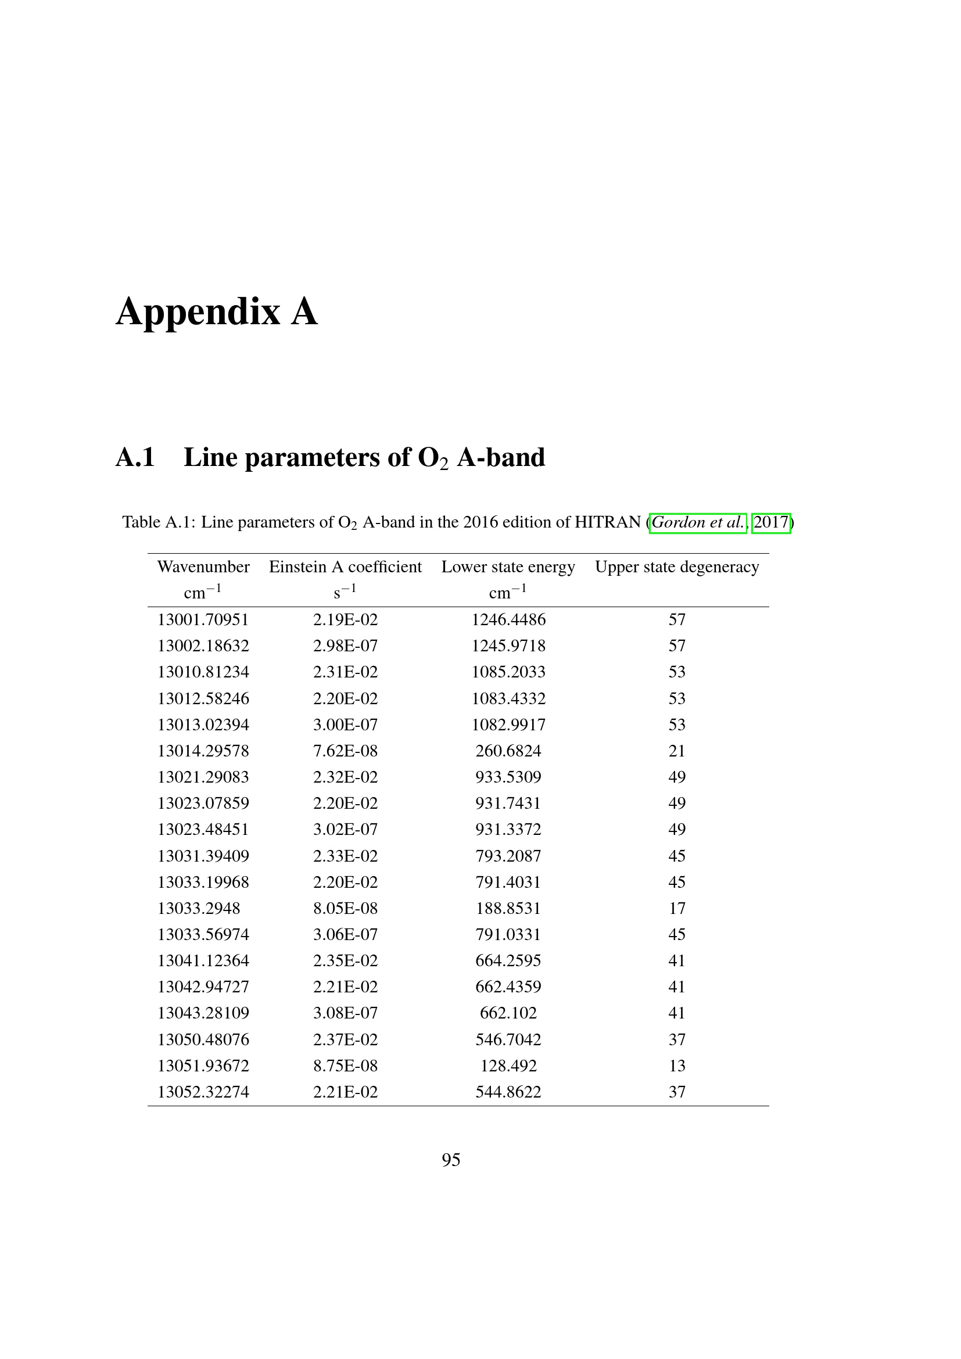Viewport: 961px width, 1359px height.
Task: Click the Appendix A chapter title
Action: coord(217,312)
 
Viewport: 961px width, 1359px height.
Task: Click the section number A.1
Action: coord(135,457)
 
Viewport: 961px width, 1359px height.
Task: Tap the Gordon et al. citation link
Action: coord(698,523)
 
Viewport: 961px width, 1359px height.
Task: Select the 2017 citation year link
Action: coord(770,523)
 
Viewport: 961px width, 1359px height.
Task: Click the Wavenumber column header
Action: coord(203,567)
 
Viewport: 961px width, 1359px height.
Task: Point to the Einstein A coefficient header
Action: coord(345,567)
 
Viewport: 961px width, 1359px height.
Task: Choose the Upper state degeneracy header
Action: coord(676,567)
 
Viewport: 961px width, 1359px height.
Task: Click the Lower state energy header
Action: coord(508,567)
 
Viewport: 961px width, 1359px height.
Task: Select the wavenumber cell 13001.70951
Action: coord(203,620)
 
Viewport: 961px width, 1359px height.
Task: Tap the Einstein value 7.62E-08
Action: coord(345,751)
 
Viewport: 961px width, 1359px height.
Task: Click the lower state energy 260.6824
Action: coord(508,751)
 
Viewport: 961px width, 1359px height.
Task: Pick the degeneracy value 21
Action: coord(676,751)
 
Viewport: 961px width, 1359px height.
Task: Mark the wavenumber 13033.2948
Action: coord(199,909)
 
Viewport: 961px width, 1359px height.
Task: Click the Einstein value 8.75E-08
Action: coord(345,1066)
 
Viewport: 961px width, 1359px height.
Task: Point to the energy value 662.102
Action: coord(508,1013)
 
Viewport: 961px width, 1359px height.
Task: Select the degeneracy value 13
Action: coord(676,1066)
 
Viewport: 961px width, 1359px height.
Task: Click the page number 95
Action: coord(451,1160)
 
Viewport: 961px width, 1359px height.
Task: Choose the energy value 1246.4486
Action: coord(508,620)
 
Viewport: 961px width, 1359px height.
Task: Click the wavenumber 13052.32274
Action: coord(203,1092)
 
